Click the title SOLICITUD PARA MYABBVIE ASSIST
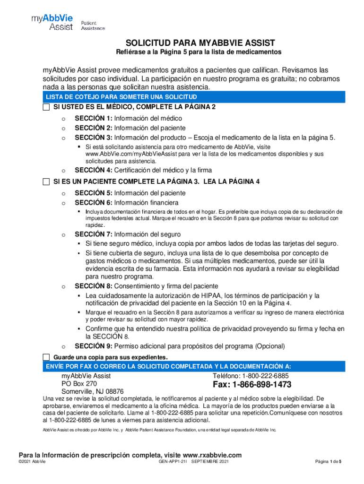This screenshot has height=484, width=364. click(200, 43)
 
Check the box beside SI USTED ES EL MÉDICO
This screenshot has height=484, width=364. click(46, 107)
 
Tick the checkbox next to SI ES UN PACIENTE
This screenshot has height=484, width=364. click(46, 181)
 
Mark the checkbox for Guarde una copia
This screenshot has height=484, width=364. click(46, 357)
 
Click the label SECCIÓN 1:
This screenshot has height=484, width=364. click(93, 119)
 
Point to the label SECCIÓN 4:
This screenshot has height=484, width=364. click(93, 170)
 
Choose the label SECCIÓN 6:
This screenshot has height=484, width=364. click(93, 202)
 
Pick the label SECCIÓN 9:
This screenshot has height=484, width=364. click(93, 346)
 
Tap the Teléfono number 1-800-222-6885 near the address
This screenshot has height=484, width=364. click(266, 376)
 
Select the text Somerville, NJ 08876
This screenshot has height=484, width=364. click(93, 392)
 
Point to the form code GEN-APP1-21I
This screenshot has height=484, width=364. click(174, 462)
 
